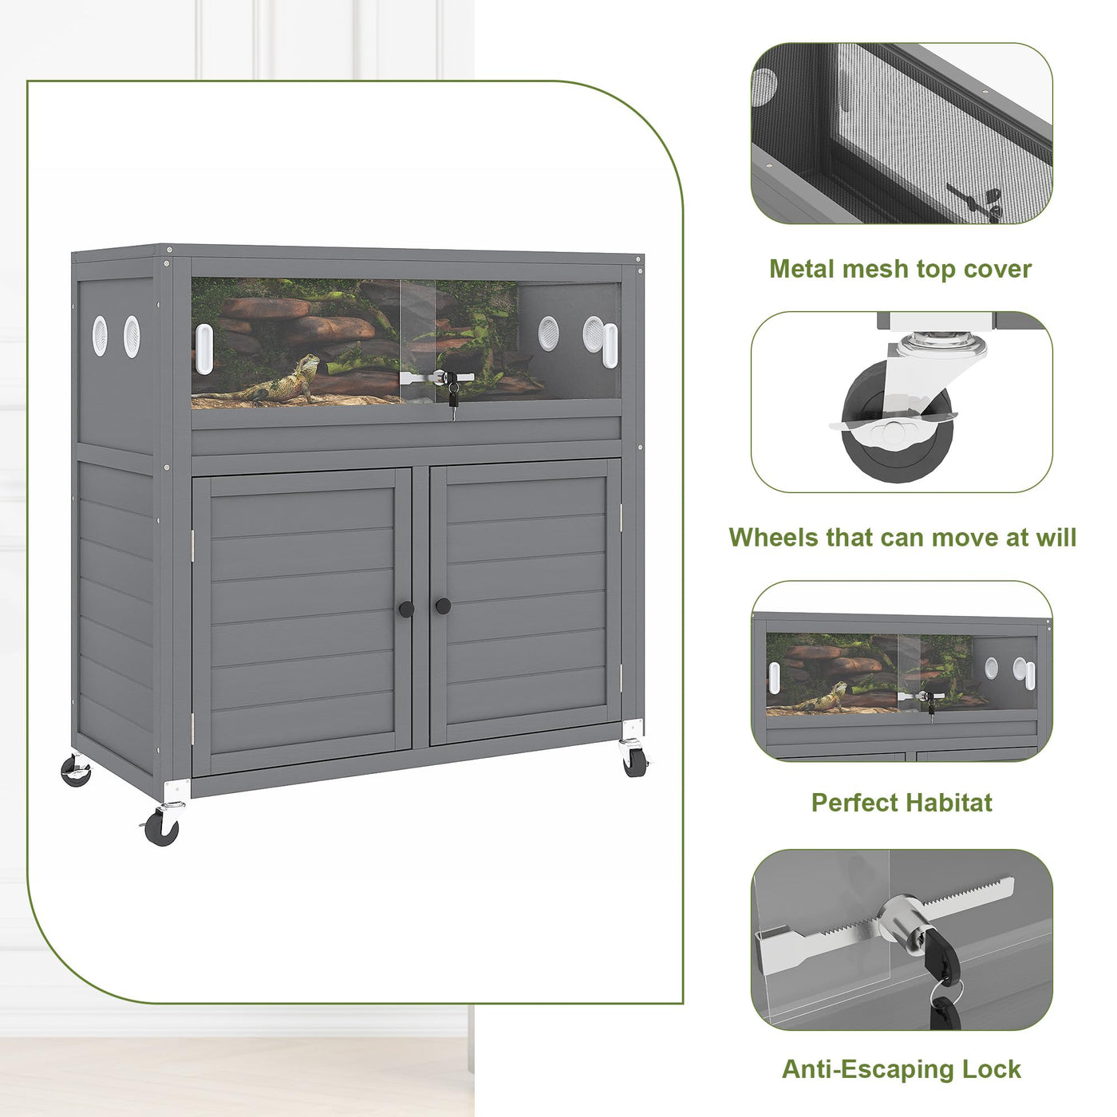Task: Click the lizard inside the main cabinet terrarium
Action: click(272, 381)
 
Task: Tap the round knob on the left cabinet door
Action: click(406, 609)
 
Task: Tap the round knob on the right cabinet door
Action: click(444, 606)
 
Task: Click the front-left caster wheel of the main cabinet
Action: click(162, 827)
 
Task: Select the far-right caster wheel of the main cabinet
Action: click(635, 762)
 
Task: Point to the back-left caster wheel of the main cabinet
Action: click(76, 770)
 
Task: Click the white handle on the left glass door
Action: click(204, 349)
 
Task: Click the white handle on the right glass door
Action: click(610, 345)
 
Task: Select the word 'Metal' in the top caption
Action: click(802, 269)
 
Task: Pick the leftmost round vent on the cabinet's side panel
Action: click(100, 336)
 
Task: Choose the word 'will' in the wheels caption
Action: click(1056, 537)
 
